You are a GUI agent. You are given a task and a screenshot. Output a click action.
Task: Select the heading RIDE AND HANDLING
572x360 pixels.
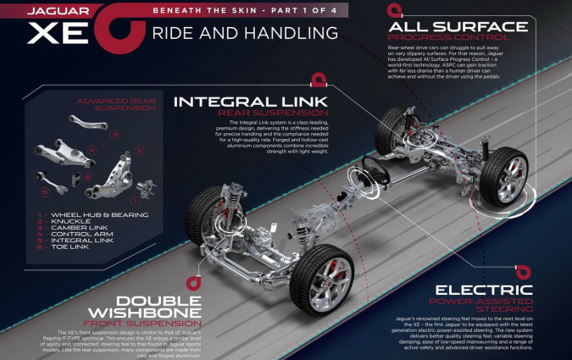tap(246, 35)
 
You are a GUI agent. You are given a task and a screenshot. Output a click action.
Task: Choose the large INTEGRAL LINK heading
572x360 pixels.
tap(240, 101)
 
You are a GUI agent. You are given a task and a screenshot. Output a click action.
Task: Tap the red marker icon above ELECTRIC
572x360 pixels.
tap(525, 273)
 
